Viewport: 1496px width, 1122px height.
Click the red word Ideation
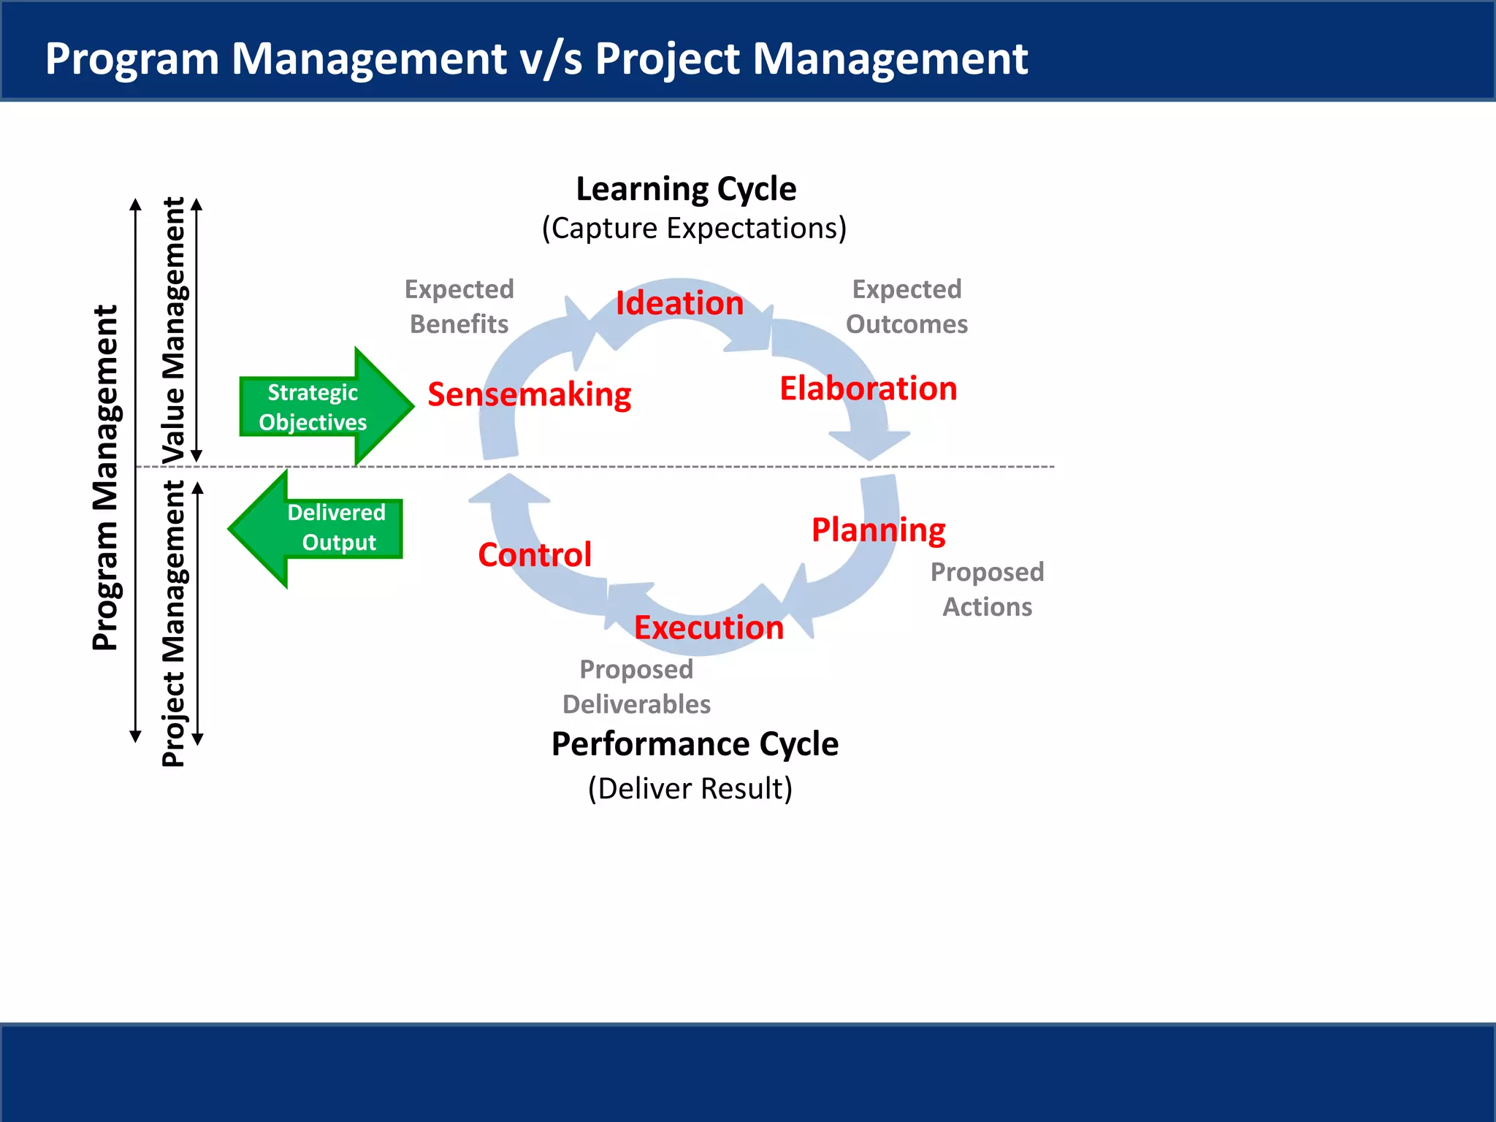coord(679,303)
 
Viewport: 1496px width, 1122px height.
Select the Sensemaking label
coord(530,394)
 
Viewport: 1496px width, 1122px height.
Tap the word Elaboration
coord(868,389)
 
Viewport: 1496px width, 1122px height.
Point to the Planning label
coord(878,530)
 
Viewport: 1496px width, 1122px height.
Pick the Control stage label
coord(535,555)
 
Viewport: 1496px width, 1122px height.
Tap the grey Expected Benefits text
coord(459,307)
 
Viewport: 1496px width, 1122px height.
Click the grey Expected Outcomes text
coord(907,307)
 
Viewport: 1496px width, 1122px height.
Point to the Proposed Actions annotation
coord(987,589)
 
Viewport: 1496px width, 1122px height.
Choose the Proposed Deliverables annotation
coord(636,687)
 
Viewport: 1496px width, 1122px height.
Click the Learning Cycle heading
coord(686,189)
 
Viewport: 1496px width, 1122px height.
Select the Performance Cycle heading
coord(695,744)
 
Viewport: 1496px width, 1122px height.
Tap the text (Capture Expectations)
coord(694,229)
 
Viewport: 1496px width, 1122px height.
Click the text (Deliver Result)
coord(690,789)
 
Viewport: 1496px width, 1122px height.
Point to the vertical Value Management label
coord(174,330)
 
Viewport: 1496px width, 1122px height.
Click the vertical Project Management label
coord(174,623)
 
